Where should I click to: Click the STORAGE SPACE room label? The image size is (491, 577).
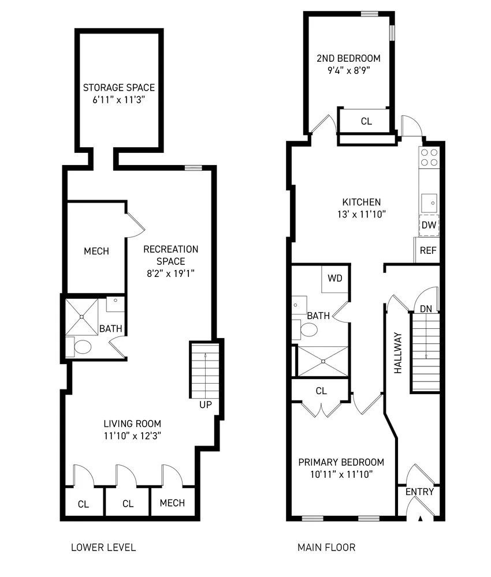tap(119, 88)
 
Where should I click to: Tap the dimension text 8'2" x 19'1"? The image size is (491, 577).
tap(170, 273)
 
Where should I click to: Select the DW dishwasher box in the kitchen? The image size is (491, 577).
tap(429, 225)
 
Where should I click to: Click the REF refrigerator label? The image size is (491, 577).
tap(427, 250)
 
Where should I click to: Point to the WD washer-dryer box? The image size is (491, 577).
tap(335, 278)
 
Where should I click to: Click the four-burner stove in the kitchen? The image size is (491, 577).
tap(429, 157)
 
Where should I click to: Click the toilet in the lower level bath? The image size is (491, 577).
tap(81, 347)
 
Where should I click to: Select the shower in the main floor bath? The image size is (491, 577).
tap(322, 361)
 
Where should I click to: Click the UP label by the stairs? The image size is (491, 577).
tap(206, 405)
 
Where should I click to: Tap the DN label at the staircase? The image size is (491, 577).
tap(426, 309)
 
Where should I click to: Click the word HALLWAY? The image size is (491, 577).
tap(398, 353)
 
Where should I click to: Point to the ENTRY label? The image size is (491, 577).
tap(419, 492)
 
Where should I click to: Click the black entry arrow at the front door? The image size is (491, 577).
tap(421, 518)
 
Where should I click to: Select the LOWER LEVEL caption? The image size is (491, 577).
tap(103, 547)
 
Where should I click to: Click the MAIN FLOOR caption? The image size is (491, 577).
tap(326, 547)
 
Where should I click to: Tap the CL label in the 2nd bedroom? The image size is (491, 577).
tap(366, 121)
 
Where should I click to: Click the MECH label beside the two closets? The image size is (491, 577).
tap(172, 503)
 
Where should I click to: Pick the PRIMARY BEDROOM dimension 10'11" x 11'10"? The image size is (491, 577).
tap(341, 475)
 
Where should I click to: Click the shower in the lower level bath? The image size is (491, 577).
tap(81, 317)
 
